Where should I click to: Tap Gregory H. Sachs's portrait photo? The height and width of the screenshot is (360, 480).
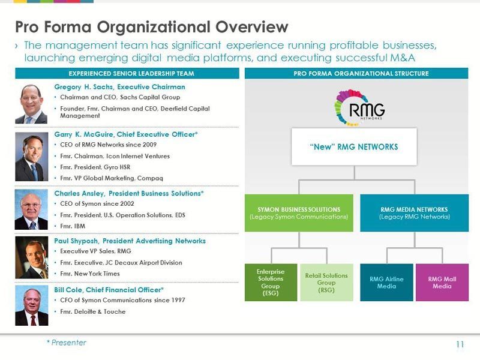click(31, 103)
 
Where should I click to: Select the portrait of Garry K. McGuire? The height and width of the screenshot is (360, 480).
click(31, 157)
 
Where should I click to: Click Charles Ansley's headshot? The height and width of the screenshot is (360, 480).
click(31, 210)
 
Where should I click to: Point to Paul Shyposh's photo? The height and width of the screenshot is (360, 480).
click(31, 257)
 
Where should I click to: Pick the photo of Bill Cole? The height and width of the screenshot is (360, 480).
click(31, 306)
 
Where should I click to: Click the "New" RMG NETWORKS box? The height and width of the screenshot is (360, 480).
click(354, 146)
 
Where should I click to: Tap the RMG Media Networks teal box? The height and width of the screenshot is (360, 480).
click(414, 213)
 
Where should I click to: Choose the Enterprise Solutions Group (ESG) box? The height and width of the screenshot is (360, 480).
click(271, 282)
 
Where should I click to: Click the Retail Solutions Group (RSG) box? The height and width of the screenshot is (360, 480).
click(326, 283)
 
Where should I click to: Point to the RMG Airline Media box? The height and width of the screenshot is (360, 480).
click(386, 283)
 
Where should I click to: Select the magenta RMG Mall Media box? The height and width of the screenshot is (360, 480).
click(442, 283)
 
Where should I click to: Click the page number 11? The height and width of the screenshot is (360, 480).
click(460, 344)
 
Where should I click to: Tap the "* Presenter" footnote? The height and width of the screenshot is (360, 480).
click(67, 343)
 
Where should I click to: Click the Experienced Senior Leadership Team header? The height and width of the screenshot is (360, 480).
click(127, 74)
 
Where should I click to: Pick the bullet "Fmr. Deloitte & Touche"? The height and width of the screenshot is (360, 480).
click(93, 312)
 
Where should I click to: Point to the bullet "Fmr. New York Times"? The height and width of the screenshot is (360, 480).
click(90, 274)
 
